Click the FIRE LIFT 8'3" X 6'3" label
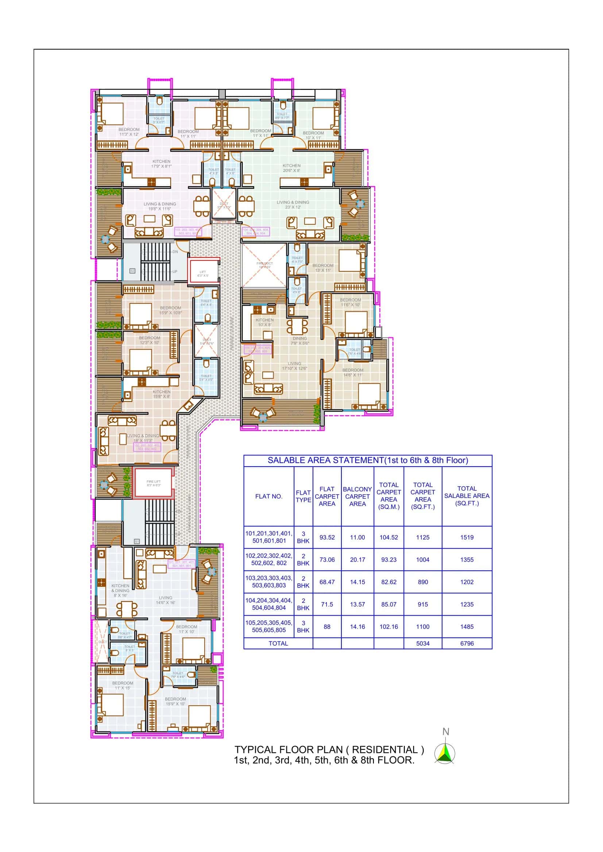coord(154,483)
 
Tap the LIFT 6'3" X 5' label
coord(202,274)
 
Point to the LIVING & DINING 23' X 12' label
coord(293,204)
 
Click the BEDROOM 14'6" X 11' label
coord(353,372)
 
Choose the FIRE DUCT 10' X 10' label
coord(264,265)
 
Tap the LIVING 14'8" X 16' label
coord(165,600)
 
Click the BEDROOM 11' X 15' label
coord(123,686)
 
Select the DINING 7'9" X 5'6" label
coord(299,341)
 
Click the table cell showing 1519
coord(467,537)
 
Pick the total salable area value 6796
coord(467,643)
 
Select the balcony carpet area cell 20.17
coord(357,560)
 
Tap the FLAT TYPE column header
coord(303,496)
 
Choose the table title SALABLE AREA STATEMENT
coord(367,460)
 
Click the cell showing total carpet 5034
coord(422,643)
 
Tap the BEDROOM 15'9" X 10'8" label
coord(170,310)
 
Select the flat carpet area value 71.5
coord(326,604)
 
